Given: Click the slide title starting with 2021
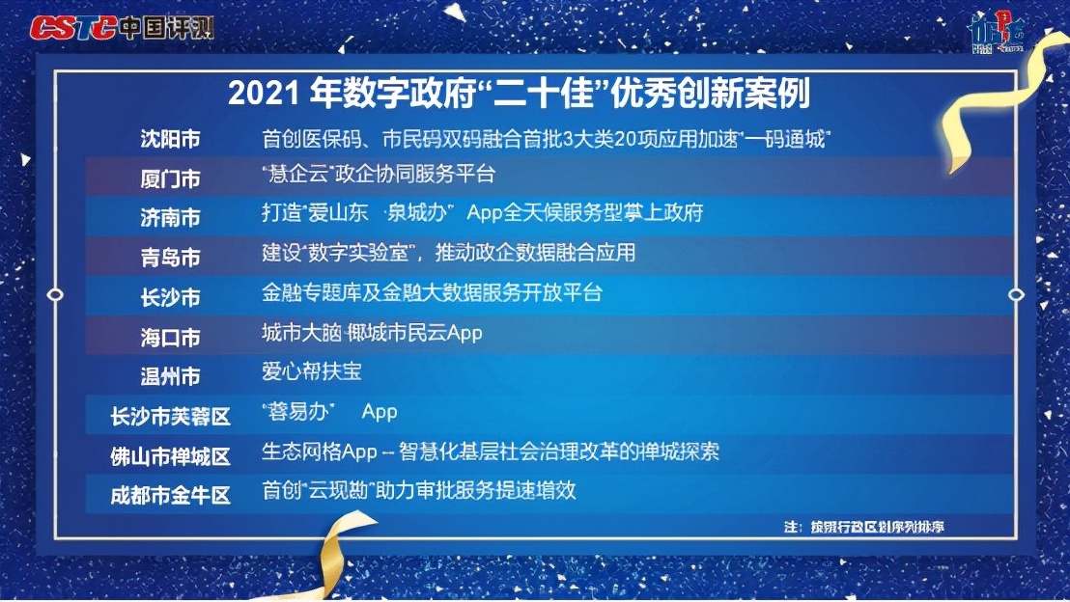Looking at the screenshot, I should tap(519, 95).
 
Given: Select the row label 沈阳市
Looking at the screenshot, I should tap(170, 139).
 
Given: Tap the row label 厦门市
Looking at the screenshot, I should tap(170, 179).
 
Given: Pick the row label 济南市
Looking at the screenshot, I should tap(170, 218).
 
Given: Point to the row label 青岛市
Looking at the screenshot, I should tap(170, 258).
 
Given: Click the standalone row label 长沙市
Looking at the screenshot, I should tap(170, 297).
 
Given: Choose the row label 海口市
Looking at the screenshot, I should tap(170, 338).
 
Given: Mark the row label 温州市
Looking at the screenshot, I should tap(170, 376).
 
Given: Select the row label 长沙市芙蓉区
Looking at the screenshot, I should tap(171, 417).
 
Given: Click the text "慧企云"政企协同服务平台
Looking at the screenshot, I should tap(378, 175).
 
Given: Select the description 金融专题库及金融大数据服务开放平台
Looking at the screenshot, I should tap(432, 292).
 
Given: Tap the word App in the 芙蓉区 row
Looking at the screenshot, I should tap(380, 412).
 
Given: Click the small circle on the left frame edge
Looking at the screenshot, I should tap(55, 293).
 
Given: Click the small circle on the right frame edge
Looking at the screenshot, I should tap(1015, 293).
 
